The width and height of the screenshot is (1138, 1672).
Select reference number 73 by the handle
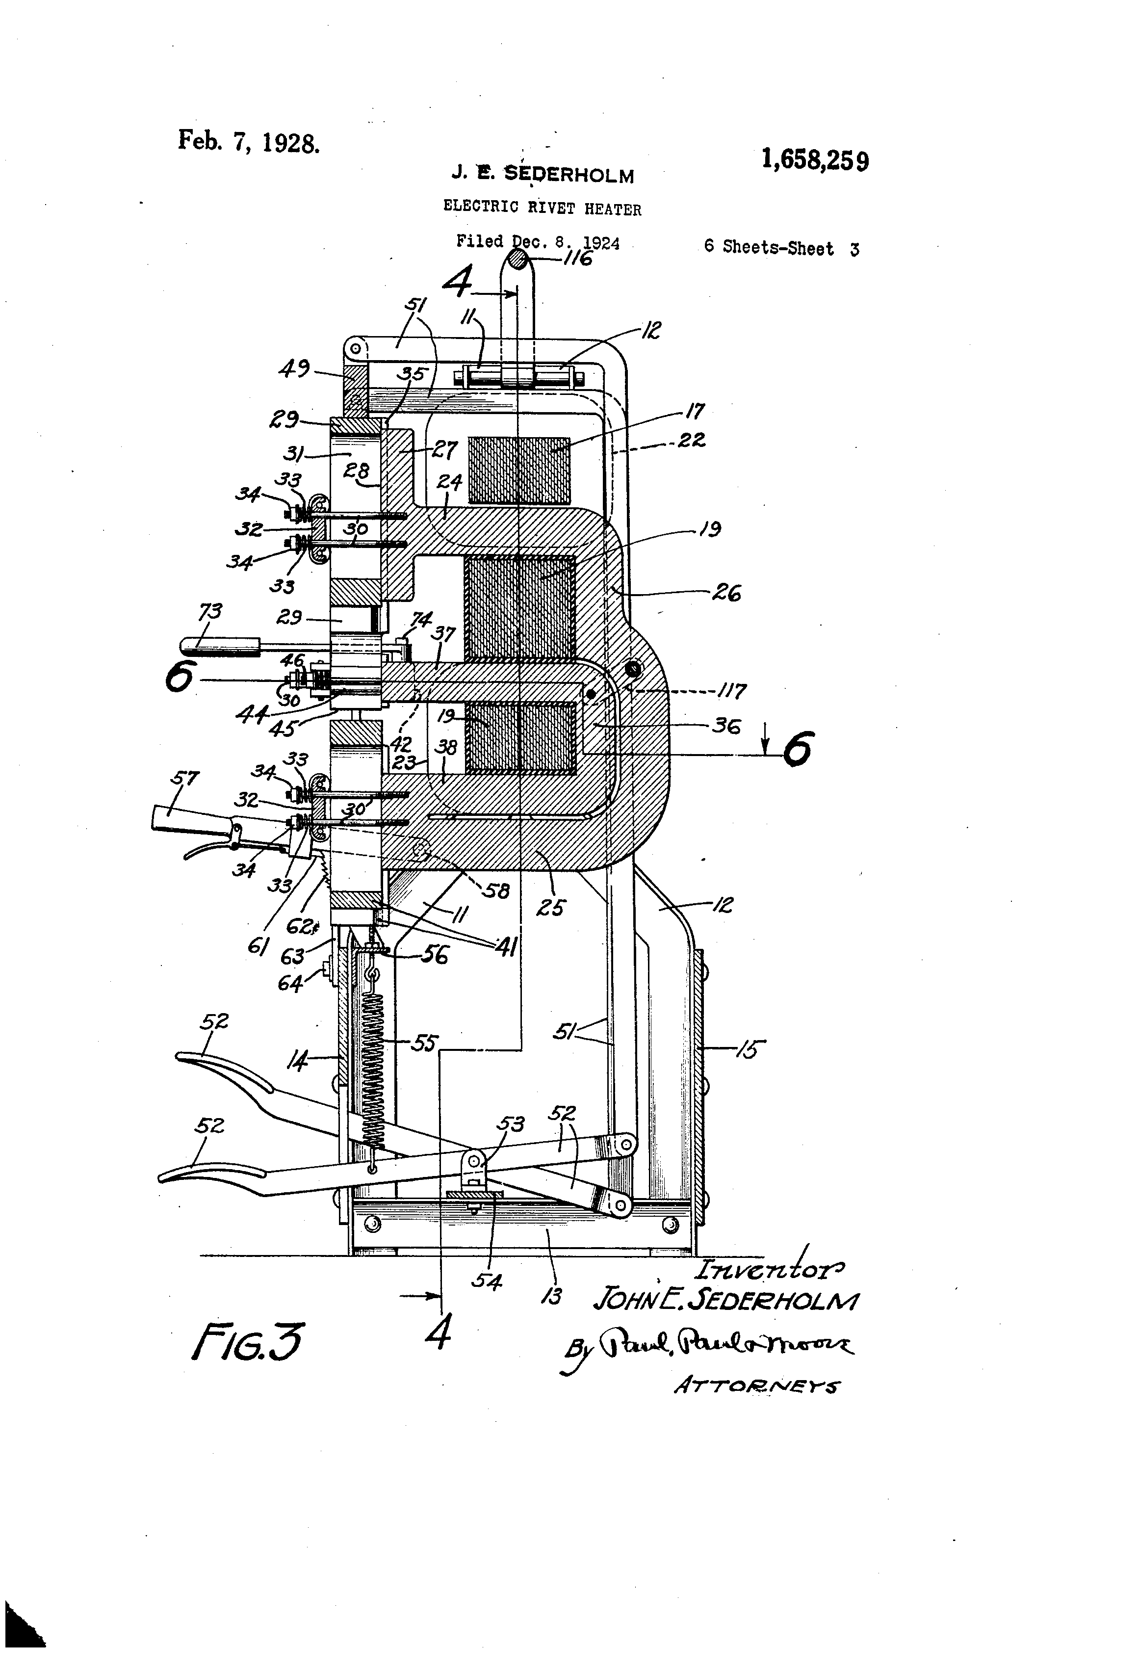coord(210,612)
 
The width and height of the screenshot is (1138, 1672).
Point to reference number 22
coord(691,440)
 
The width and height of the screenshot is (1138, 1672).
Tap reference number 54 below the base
coord(486,1280)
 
